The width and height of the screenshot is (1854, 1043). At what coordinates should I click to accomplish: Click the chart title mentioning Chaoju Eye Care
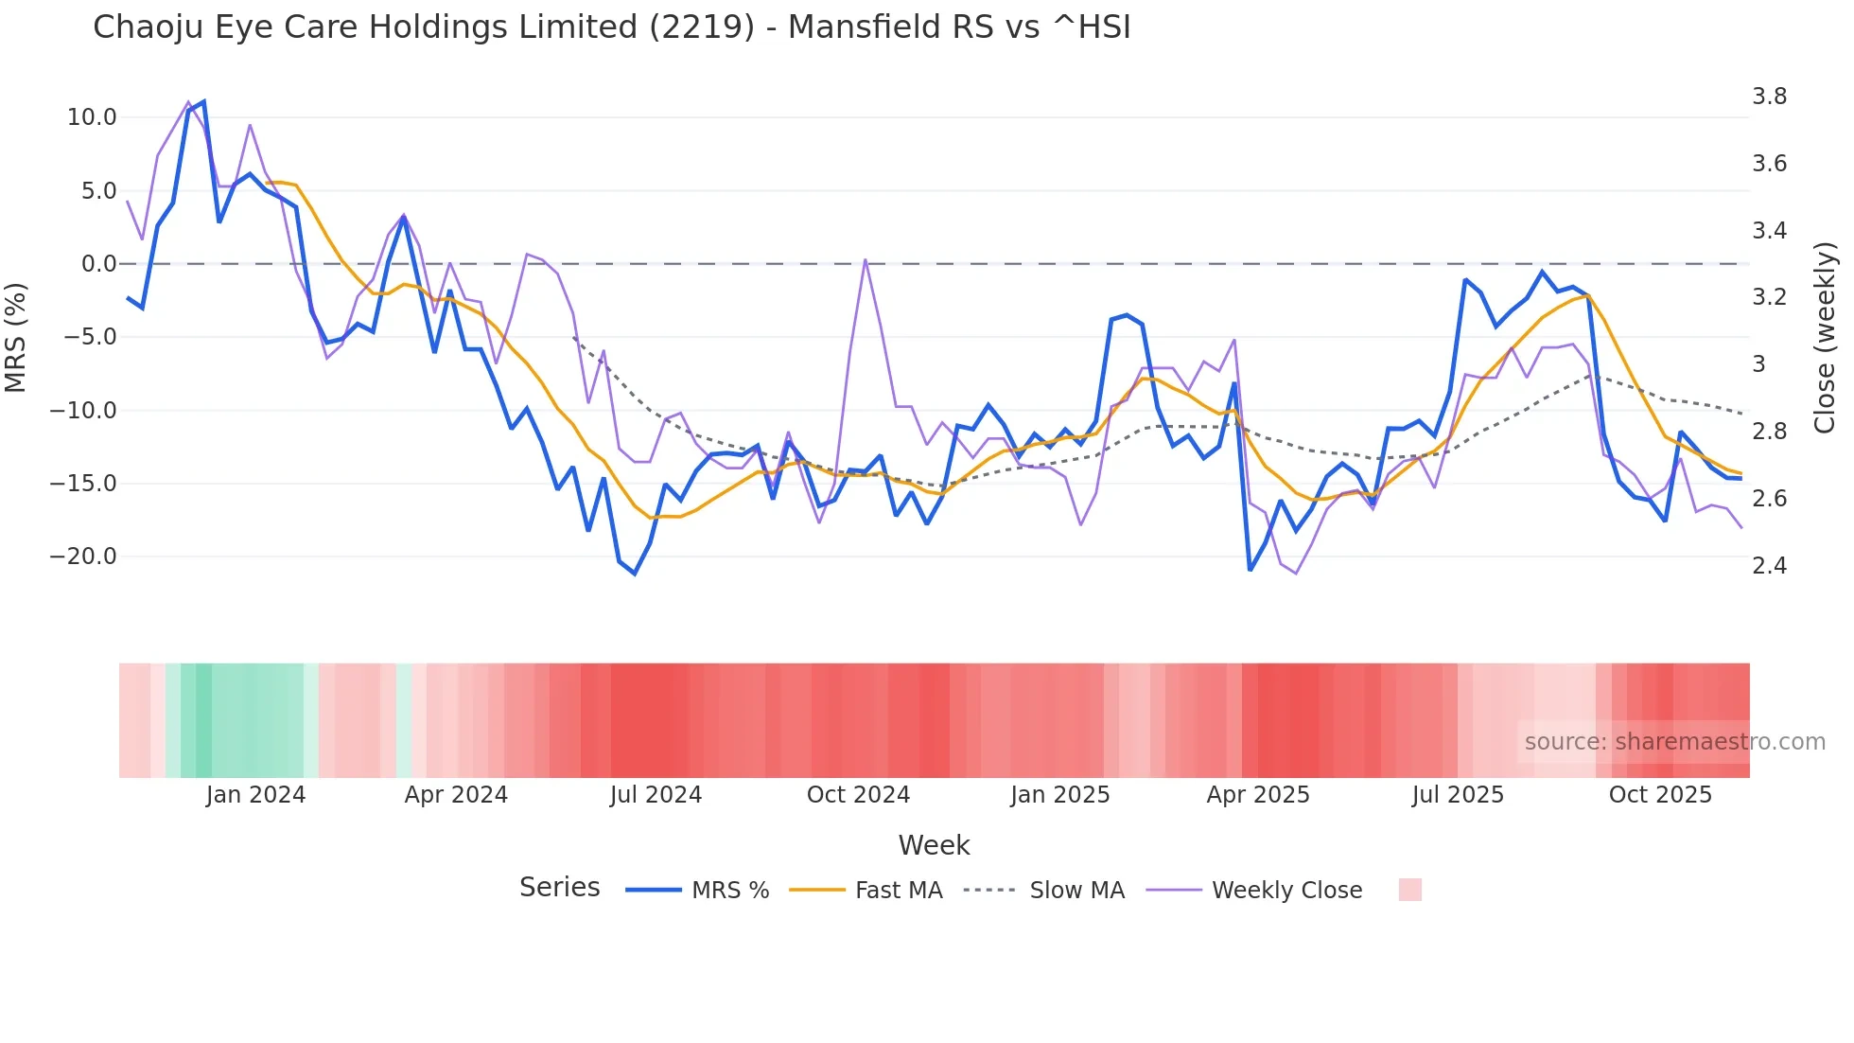(x=611, y=27)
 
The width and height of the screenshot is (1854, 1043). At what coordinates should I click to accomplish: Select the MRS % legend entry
(x=729, y=891)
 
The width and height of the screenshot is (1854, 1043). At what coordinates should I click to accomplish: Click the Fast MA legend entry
(x=898, y=891)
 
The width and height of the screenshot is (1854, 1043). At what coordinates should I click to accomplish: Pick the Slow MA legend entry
(x=1076, y=891)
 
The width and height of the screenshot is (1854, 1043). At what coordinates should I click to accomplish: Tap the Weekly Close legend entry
(x=1286, y=891)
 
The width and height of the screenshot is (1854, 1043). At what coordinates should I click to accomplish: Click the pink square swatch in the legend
(x=1409, y=890)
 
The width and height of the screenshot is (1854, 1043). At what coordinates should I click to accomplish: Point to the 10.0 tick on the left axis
(x=92, y=117)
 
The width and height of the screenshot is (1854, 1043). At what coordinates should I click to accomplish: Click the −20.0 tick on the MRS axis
(x=83, y=557)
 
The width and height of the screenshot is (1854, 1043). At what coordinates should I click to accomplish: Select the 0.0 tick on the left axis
(x=98, y=264)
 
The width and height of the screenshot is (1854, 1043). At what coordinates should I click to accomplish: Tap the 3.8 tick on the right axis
(x=1769, y=97)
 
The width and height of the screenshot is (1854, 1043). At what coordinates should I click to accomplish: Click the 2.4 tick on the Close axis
(x=1769, y=566)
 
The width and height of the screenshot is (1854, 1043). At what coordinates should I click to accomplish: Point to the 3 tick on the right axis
(x=1758, y=364)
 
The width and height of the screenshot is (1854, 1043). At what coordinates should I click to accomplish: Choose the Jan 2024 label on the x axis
(x=255, y=795)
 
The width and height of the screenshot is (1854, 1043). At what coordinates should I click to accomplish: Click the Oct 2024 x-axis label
(x=858, y=795)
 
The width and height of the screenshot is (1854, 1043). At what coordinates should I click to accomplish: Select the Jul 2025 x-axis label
(x=1458, y=795)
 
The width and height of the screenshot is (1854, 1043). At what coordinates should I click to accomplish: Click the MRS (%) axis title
(x=15, y=337)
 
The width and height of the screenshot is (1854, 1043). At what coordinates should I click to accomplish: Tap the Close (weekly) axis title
(x=1825, y=337)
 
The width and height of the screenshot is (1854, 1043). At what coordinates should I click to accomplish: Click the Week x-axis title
(x=934, y=845)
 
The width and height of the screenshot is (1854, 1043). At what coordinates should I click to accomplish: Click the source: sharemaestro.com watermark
(x=1674, y=742)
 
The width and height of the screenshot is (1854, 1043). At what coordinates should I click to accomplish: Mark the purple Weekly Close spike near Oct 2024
(x=866, y=260)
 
